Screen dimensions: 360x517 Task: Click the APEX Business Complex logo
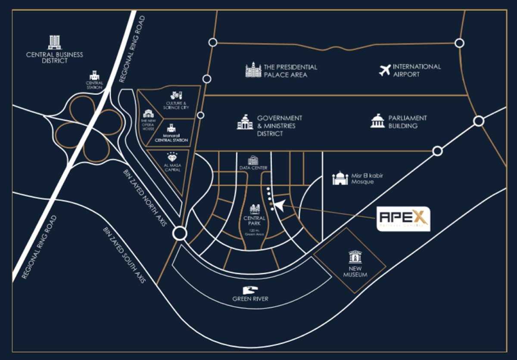point(403,219)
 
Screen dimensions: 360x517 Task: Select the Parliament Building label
point(407,122)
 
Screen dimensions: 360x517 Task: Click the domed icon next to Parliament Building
point(377,121)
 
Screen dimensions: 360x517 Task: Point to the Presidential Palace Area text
point(290,71)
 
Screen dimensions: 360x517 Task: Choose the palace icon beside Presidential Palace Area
point(253,70)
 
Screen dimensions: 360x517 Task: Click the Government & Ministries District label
point(280,126)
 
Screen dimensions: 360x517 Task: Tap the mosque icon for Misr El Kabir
point(340,178)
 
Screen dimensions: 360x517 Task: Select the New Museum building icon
point(355,257)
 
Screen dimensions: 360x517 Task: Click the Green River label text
point(251,299)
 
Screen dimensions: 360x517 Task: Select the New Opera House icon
point(149,114)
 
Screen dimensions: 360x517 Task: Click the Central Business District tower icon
point(54,42)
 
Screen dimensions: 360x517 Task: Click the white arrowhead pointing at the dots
point(279,206)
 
